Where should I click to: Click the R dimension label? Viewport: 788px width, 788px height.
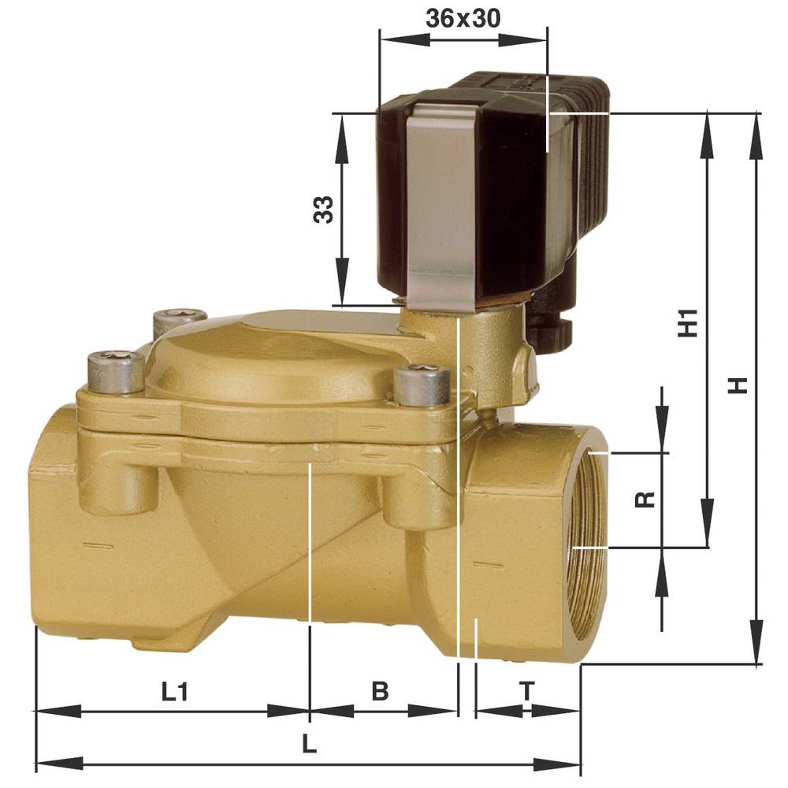tap(645, 500)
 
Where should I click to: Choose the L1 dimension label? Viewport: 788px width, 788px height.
tap(174, 692)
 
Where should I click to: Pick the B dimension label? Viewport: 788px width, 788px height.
tap(380, 692)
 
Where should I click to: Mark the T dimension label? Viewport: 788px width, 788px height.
tap(527, 692)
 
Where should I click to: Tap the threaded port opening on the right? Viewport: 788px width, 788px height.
tap(587, 536)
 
